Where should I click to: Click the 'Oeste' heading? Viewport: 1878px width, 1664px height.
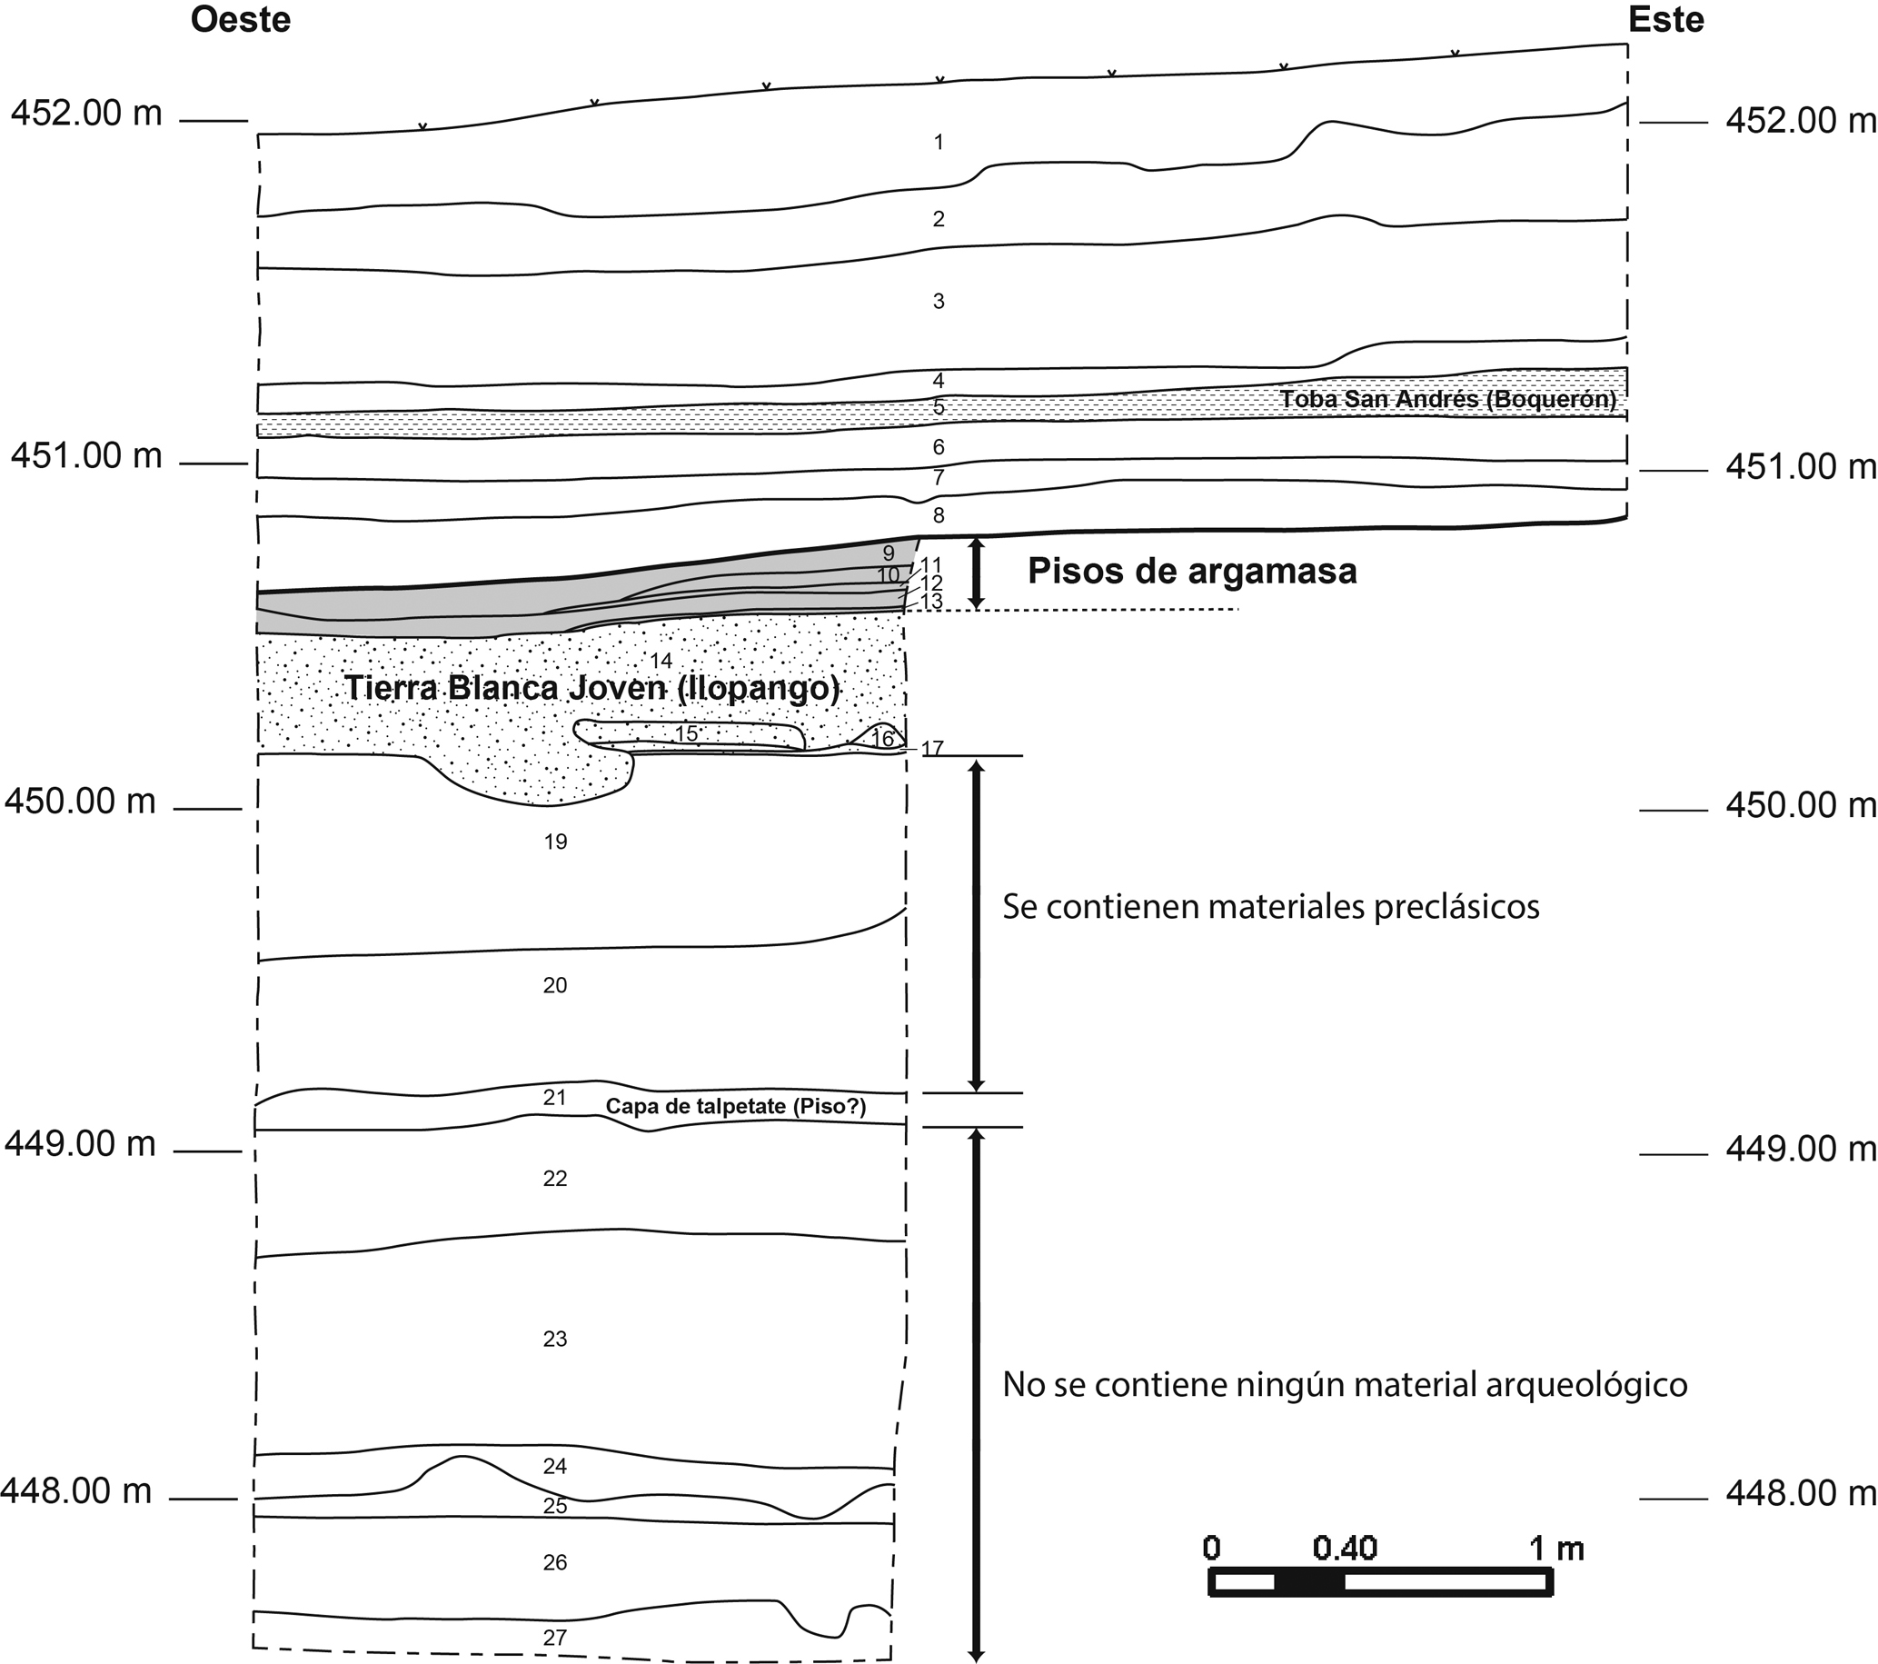[241, 19]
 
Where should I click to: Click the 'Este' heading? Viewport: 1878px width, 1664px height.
[1665, 19]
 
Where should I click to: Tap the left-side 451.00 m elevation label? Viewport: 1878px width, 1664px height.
[86, 456]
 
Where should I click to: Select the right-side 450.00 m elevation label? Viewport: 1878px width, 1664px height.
[1800, 806]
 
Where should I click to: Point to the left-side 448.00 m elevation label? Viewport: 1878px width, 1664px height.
[77, 1490]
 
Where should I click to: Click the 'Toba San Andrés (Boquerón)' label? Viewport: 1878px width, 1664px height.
[1448, 400]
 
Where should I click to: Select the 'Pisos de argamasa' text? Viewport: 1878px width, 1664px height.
[1192, 571]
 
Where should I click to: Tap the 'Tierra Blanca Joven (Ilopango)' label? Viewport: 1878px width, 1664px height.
[591, 688]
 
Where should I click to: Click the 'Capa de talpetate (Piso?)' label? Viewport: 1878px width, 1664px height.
[736, 1106]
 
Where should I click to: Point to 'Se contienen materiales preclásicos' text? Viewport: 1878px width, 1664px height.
[1271, 907]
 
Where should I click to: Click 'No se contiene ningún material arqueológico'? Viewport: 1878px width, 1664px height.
[1344, 1384]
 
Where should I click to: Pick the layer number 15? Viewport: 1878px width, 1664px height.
[686, 733]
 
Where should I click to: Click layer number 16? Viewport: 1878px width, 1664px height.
[882, 738]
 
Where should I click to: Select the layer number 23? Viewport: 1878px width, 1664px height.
[555, 1339]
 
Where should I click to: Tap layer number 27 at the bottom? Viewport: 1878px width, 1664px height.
[555, 1637]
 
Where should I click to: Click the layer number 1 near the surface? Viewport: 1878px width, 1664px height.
[938, 143]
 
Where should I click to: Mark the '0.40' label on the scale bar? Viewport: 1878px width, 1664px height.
[1344, 1549]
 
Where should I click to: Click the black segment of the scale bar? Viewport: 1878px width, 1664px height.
[1309, 1582]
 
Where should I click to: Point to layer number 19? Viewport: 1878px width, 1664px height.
[555, 842]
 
